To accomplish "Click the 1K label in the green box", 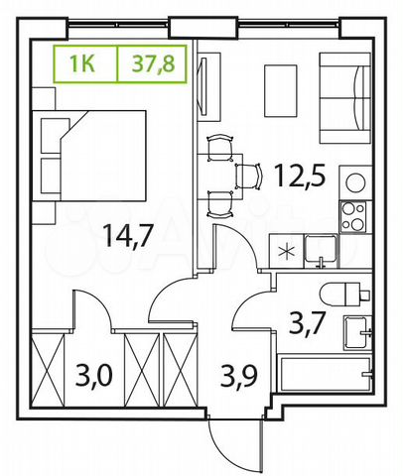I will (83, 65).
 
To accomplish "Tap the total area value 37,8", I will (151, 65).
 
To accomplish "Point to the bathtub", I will (324, 374).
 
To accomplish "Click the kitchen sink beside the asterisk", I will (320, 249).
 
